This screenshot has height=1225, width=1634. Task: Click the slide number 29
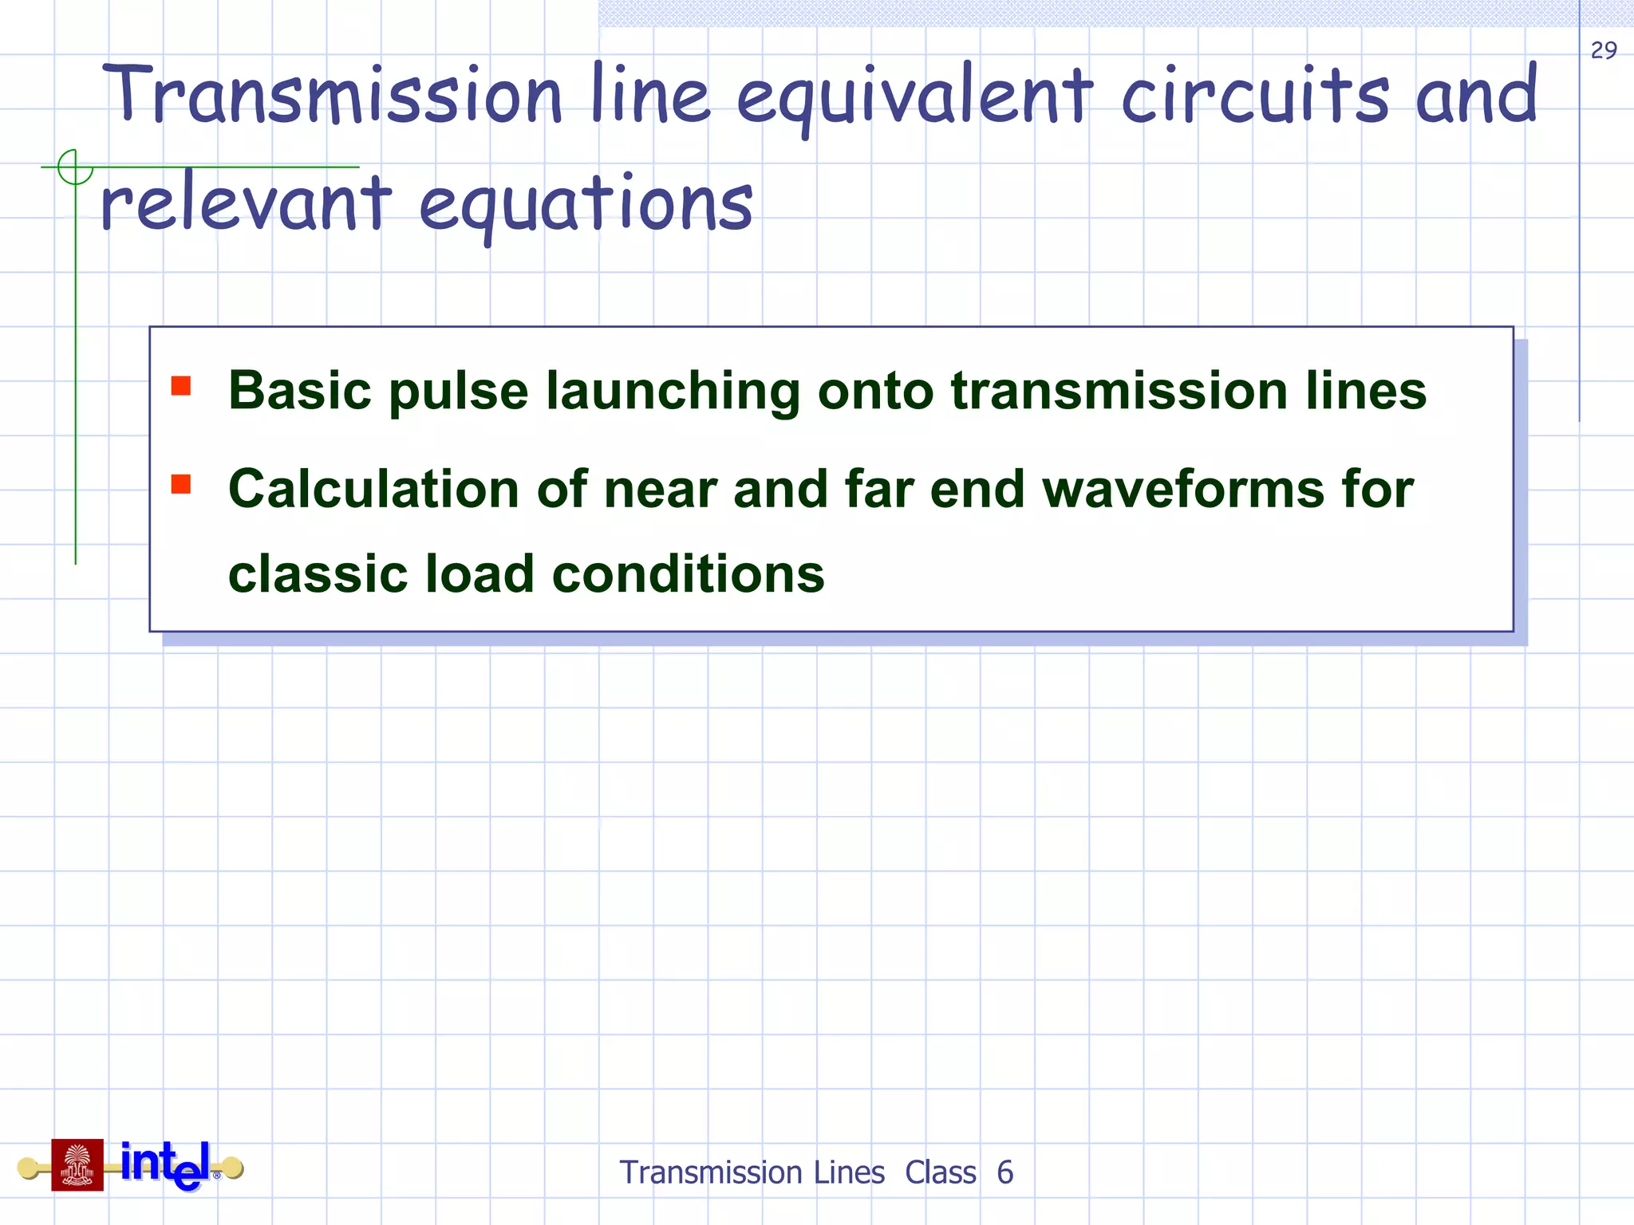[1604, 50]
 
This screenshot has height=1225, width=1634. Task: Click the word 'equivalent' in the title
[914, 98]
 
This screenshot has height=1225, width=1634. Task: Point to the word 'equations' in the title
[586, 206]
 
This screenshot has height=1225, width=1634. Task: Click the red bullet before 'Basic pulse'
[181, 386]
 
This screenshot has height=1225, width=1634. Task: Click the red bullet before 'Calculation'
[181, 484]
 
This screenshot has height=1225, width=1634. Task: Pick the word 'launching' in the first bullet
[673, 392]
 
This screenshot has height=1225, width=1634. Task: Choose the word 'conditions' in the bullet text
[688, 573]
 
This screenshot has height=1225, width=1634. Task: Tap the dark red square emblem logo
[77, 1164]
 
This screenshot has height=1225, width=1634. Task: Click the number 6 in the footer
[1005, 1172]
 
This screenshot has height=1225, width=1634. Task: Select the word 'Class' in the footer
[941, 1172]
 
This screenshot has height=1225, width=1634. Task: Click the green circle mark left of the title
[75, 167]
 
